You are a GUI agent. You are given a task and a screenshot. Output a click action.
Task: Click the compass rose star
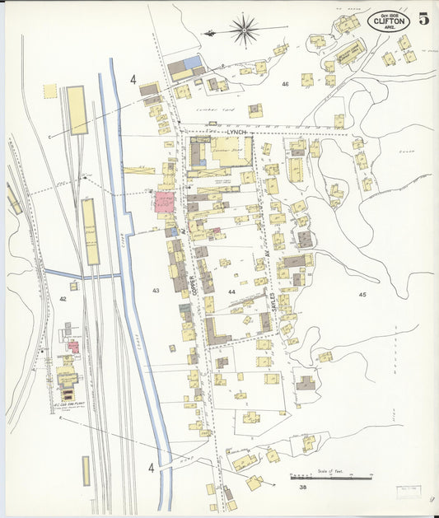click(245, 32)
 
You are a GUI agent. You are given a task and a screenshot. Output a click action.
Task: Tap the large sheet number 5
click(423, 20)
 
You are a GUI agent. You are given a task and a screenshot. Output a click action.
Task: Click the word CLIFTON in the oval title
click(389, 21)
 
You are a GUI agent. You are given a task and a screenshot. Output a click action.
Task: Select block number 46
click(285, 84)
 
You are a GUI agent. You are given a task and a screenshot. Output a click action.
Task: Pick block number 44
click(231, 292)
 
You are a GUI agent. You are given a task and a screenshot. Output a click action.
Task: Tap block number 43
click(156, 291)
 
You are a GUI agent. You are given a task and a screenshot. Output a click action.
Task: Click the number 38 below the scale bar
click(302, 488)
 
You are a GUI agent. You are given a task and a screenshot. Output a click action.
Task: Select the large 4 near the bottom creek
click(151, 468)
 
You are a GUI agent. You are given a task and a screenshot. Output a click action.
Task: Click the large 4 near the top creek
click(133, 80)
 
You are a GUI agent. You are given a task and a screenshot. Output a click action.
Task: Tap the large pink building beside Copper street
click(165, 203)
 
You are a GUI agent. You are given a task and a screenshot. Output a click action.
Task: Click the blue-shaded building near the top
click(192, 63)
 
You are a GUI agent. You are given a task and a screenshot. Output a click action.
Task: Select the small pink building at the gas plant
click(72, 347)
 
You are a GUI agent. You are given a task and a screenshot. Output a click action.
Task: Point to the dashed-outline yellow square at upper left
click(50, 91)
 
